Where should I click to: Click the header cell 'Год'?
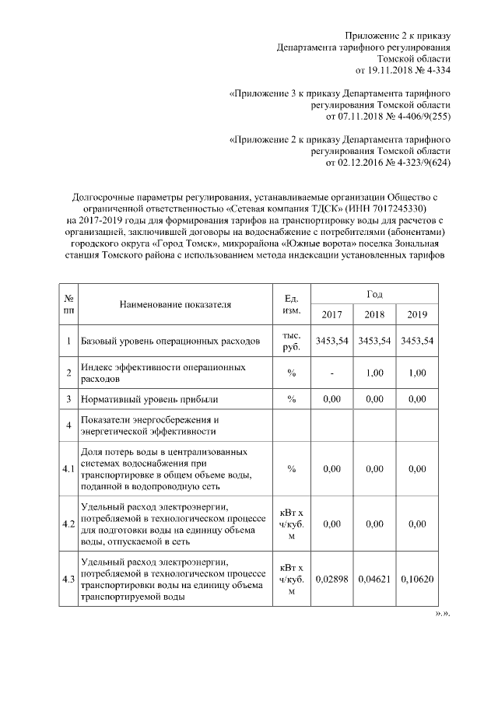click(x=374, y=292)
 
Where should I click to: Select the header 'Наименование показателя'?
click(x=175, y=304)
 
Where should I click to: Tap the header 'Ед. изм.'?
click(x=293, y=304)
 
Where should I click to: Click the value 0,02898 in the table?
click(x=332, y=580)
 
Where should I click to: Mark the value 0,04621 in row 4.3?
click(x=374, y=580)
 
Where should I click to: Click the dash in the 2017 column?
click(x=332, y=373)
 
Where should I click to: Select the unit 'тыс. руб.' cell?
click(x=293, y=341)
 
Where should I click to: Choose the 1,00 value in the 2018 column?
click(x=374, y=373)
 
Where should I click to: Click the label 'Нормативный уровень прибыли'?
click(x=149, y=399)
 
